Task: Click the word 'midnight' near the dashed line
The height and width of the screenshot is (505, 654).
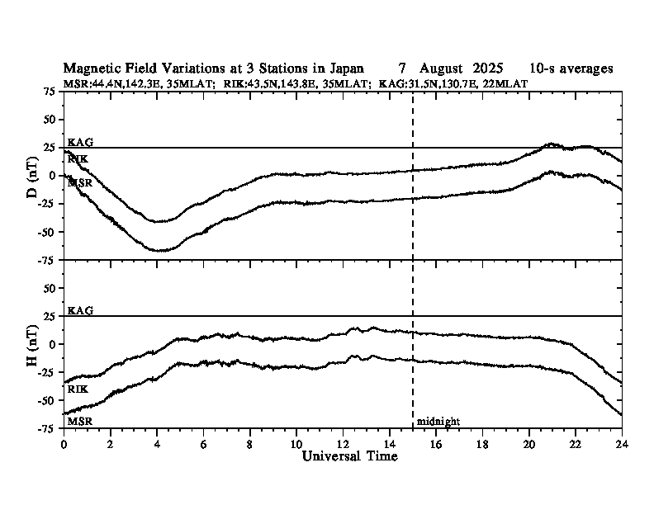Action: [438, 422]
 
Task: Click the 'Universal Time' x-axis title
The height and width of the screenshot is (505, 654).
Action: [349, 456]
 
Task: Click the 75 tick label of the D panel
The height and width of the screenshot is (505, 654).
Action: [50, 92]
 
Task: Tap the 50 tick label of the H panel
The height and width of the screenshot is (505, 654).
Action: [50, 288]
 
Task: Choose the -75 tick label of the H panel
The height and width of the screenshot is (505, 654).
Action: [47, 428]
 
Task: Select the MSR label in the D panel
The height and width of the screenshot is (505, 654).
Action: [80, 182]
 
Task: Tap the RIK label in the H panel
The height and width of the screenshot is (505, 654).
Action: [78, 388]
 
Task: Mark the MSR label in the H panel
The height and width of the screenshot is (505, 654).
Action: [80, 421]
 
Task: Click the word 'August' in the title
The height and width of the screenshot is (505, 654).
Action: [445, 68]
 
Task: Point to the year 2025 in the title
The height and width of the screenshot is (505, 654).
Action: [494, 68]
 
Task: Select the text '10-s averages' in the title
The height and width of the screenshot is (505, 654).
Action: [571, 68]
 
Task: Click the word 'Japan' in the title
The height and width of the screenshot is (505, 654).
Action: [344, 68]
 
